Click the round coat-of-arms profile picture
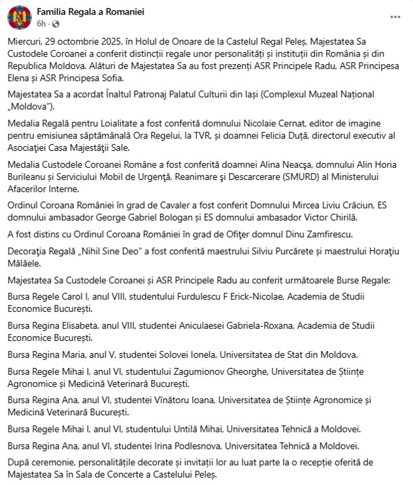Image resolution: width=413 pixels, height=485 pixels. pyautogui.click(x=19, y=18)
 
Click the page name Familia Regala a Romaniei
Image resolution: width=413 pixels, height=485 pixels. pyautogui.click(x=90, y=12)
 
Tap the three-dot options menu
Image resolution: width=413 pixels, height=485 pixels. pyautogui.click(x=395, y=17)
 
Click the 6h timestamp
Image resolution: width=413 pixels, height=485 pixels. pyautogui.click(x=41, y=24)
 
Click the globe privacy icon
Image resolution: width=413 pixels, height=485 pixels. pyautogui.click(x=55, y=24)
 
